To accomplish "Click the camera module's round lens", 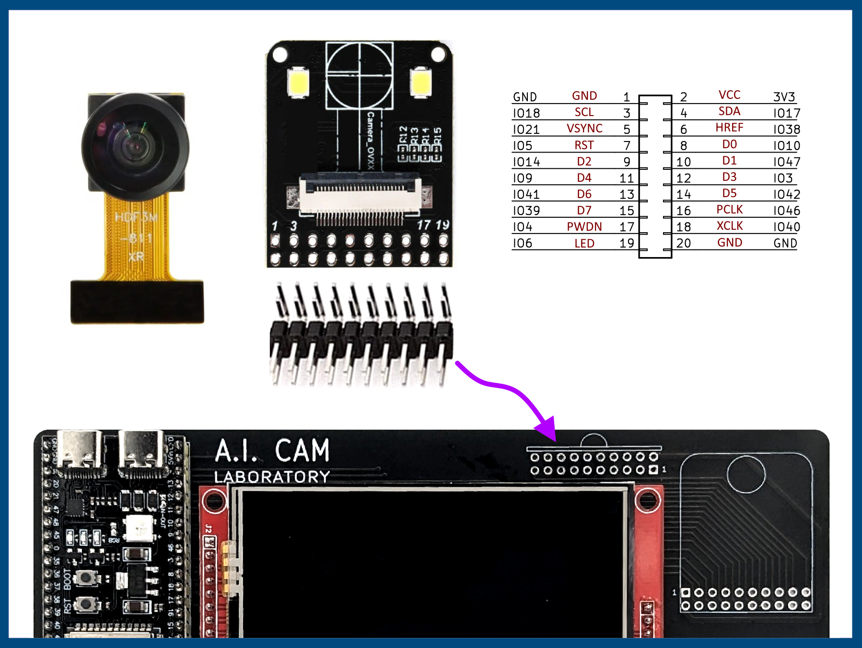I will pyautogui.click(x=135, y=146).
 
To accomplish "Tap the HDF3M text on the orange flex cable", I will pyautogui.click(x=136, y=217).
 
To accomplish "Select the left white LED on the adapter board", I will pyautogui.click(x=298, y=82).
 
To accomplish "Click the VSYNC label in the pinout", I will pyautogui.click(x=584, y=129).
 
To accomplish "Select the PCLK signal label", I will pyautogui.click(x=729, y=210).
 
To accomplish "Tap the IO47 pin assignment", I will pyautogui.click(x=786, y=162).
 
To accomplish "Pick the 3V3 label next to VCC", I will pyautogui.click(x=784, y=97).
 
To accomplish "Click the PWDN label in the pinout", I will pyautogui.click(x=584, y=227).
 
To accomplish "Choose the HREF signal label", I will pyautogui.click(x=729, y=128).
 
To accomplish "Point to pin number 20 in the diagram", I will pyautogui.click(x=683, y=243).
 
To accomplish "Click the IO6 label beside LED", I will pyautogui.click(x=523, y=243).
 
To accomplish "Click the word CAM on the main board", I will pyautogui.click(x=302, y=450).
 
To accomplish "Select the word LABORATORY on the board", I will pyautogui.click(x=272, y=477).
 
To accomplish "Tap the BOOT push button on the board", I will pyautogui.click(x=86, y=577).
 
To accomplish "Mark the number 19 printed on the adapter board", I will pyautogui.click(x=442, y=224).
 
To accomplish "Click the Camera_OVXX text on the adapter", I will pyautogui.click(x=370, y=140).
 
